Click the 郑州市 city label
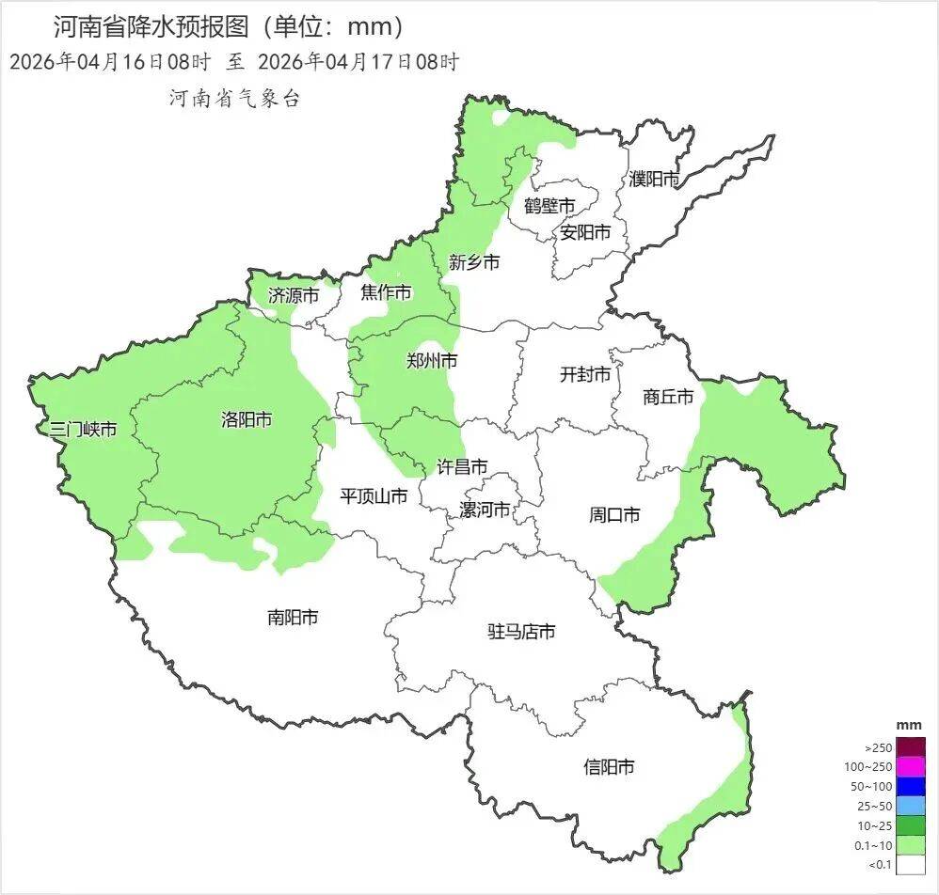(x=432, y=360)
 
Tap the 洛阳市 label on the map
(x=247, y=419)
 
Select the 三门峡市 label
(x=84, y=430)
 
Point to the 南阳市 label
(x=293, y=618)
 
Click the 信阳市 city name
(x=609, y=767)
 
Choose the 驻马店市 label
(x=521, y=632)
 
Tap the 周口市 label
(x=614, y=514)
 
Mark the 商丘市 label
(x=668, y=397)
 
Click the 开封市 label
(x=585, y=374)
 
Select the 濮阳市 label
(x=654, y=179)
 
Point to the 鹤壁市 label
(x=549, y=206)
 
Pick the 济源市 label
(x=293, y=295)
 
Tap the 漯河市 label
(x=485, y=510)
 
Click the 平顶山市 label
(x=374, y=495)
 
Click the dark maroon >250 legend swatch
(x=911, y=747)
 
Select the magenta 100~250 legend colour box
(x=911, y=767)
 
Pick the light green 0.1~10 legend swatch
(x=911, y=845)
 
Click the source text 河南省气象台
(x=234, y=99)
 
